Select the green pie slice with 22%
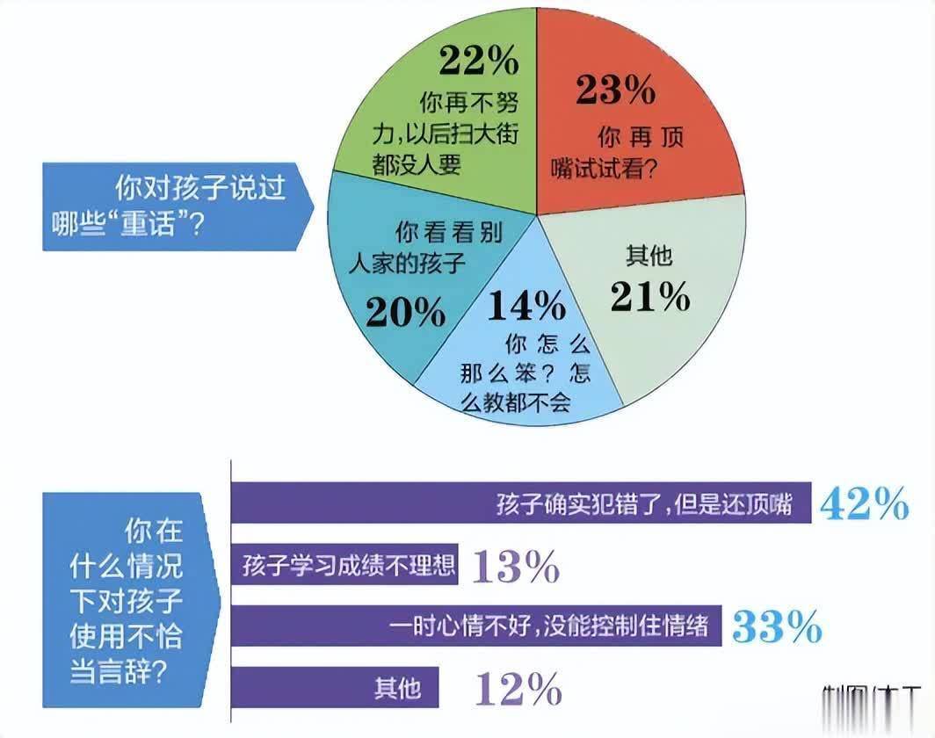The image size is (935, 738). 439,114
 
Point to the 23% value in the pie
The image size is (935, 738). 615,90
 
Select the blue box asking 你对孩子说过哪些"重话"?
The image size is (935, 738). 176,207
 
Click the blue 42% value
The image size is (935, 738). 864,504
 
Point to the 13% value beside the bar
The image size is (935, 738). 515,568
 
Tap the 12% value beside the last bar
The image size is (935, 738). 518,688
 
